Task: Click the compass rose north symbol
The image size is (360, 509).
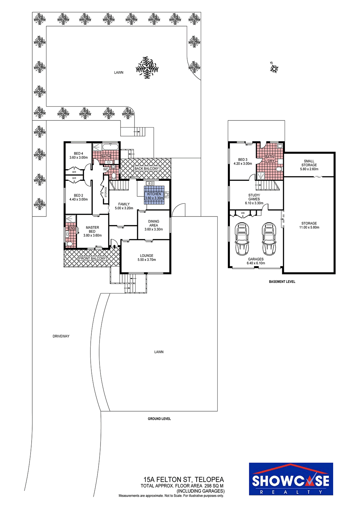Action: point(274,69)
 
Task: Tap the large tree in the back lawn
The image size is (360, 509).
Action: point(147,68)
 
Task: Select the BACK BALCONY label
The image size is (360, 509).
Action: point(146,169)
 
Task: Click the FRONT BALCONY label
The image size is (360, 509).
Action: point(92,259)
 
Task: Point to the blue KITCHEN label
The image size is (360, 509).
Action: point(154,194)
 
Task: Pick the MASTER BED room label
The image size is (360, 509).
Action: point(92,229)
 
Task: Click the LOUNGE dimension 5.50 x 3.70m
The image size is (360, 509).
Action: point(147,260)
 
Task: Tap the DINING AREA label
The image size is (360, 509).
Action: point(154,223)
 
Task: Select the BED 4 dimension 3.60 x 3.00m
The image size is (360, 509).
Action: point(78,157)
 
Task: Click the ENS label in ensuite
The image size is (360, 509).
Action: point(72,228)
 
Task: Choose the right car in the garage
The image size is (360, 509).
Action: point(269,239)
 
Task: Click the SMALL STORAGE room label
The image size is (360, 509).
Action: point(309,163)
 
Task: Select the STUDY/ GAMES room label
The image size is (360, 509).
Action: point(254,197)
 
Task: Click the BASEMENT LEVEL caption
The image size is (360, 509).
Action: point(282,282)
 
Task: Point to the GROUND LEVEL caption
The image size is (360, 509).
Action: point(159,418)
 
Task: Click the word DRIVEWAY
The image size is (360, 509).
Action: point(61,336)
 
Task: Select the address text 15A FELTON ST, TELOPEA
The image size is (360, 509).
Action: point(183,479)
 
